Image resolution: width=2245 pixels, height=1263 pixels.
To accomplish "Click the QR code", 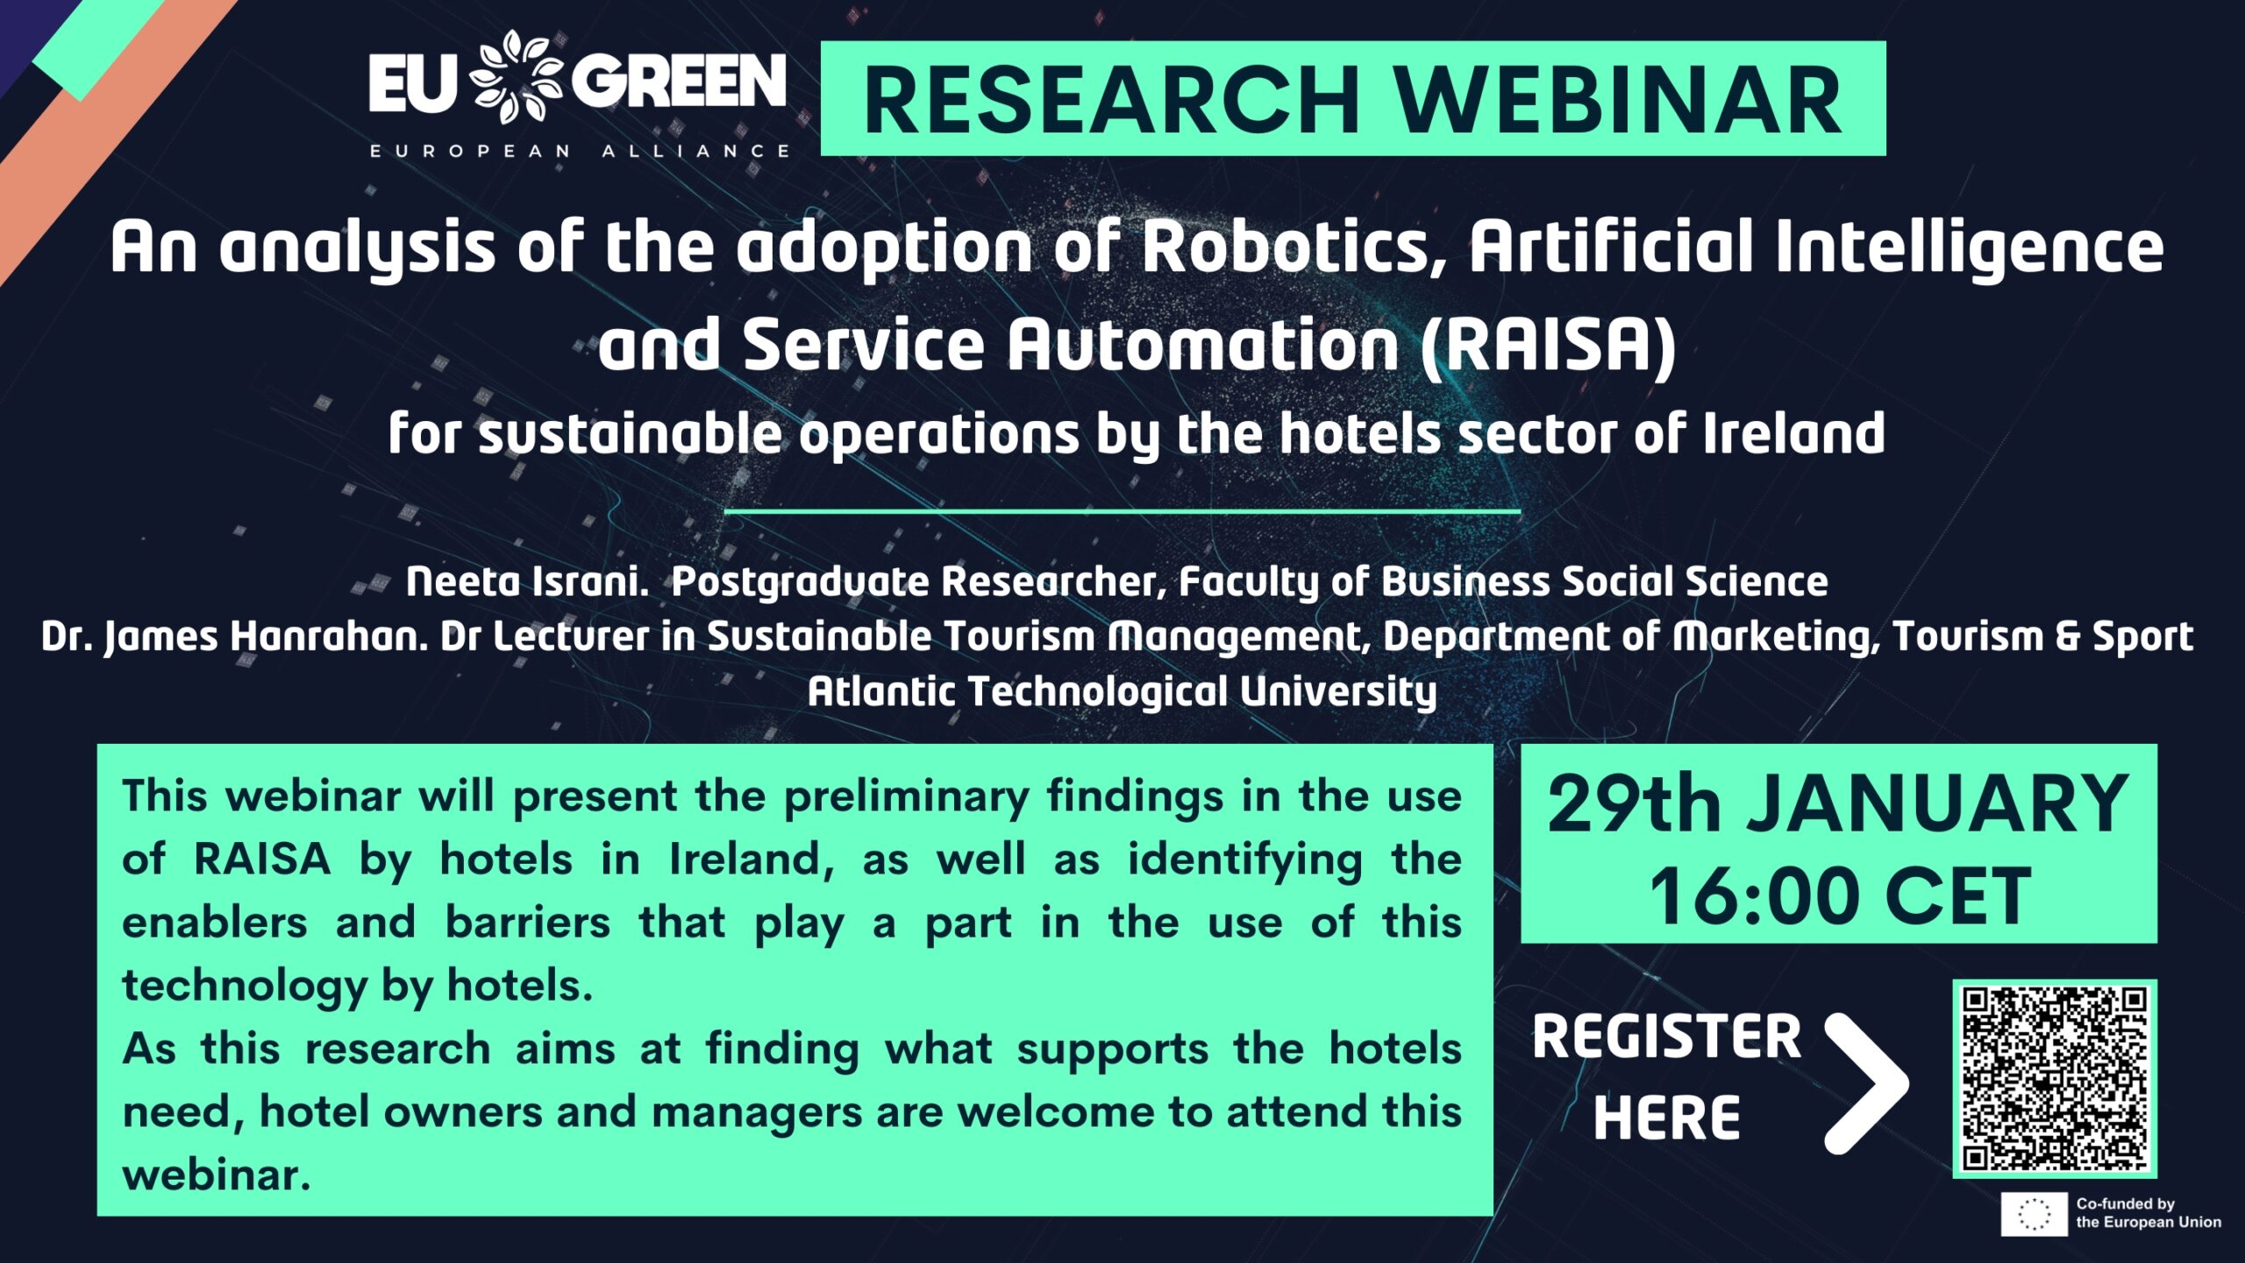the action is tap(2055, 1079).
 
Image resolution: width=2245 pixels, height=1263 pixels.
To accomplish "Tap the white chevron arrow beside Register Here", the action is tap(1866, 1083).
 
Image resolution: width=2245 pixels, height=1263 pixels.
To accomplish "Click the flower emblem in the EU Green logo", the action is tap(517, 77).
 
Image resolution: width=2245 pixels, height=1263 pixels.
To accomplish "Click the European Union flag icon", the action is tap(2034, 1214).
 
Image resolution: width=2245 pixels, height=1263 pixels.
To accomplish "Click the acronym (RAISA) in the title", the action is tap(1548, 345).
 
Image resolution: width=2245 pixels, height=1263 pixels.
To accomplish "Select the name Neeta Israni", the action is tap(526, 582).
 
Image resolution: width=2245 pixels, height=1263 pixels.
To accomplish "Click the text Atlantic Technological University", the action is tap(1122, 692).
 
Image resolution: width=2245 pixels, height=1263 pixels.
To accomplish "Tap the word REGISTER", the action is tap(1667, 1037).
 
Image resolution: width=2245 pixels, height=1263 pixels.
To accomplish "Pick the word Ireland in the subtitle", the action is tap(1794, 433).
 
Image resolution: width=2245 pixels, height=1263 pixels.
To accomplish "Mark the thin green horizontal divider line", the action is tap(1122, 510).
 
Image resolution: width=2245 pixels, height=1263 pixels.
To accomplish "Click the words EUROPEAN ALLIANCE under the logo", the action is tap(580, 151).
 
